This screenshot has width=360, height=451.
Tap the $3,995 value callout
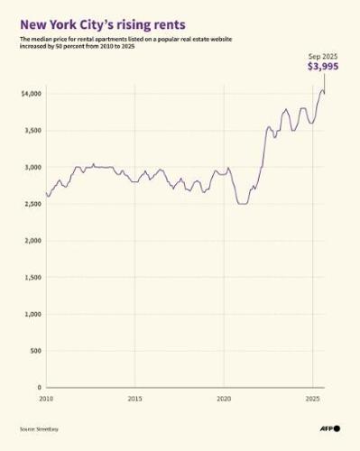324,67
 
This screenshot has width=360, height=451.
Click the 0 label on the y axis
40,388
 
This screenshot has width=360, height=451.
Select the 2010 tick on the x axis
45,398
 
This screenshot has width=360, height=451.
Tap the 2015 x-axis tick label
134,398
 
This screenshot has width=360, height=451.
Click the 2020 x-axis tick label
224,398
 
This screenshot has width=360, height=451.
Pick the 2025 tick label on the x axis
312,398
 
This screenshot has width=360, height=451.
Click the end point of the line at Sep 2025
325,94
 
